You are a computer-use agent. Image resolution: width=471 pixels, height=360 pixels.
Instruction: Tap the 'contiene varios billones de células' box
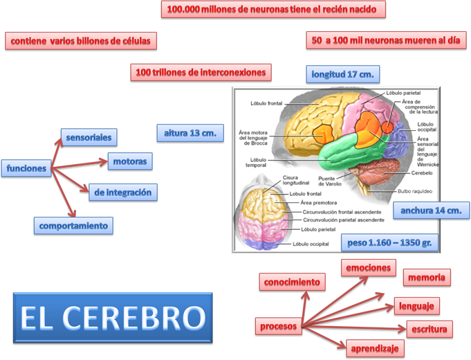click(80, 42)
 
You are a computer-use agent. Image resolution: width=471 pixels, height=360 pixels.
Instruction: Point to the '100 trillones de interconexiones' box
click(201, 72)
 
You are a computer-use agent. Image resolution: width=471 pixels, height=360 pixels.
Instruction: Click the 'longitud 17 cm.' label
click(343, 74)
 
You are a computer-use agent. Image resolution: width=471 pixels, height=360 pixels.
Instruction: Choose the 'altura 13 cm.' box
click(190, 132)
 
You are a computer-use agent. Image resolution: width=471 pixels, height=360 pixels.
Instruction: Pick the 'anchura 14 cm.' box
click(431, 210)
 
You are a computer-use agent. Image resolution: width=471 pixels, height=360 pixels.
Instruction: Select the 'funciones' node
click(27, 168)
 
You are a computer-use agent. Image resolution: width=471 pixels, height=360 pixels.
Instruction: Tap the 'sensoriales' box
click(89, 137)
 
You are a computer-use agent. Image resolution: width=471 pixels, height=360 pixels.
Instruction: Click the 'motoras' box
click(129, 162)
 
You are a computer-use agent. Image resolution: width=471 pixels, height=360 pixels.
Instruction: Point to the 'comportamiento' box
click(73, 225)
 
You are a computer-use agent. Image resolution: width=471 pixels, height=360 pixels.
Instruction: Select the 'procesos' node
click(279, 325)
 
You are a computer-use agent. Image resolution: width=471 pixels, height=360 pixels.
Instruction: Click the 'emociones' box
click(369, 267)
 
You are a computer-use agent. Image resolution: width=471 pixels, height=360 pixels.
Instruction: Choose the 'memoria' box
click(427, 278)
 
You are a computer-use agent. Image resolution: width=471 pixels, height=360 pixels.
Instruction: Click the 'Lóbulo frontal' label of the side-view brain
click(266, 105)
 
